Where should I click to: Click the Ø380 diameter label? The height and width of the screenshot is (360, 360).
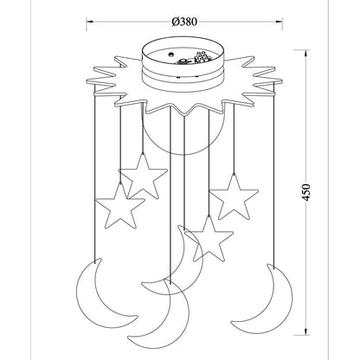pos(184,22)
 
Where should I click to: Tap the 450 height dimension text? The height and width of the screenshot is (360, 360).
pos(306,192)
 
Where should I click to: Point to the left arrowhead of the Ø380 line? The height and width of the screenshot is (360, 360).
pos(89,22)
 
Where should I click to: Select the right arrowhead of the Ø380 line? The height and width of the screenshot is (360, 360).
pos(280,22)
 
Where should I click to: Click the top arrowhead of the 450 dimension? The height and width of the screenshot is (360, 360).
pos(305,53)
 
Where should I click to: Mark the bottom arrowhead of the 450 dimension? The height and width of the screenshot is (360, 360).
pos(305,331)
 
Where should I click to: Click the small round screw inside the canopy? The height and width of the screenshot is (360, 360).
pos(171,54)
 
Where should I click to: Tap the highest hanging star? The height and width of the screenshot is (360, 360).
pos(143,176)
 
